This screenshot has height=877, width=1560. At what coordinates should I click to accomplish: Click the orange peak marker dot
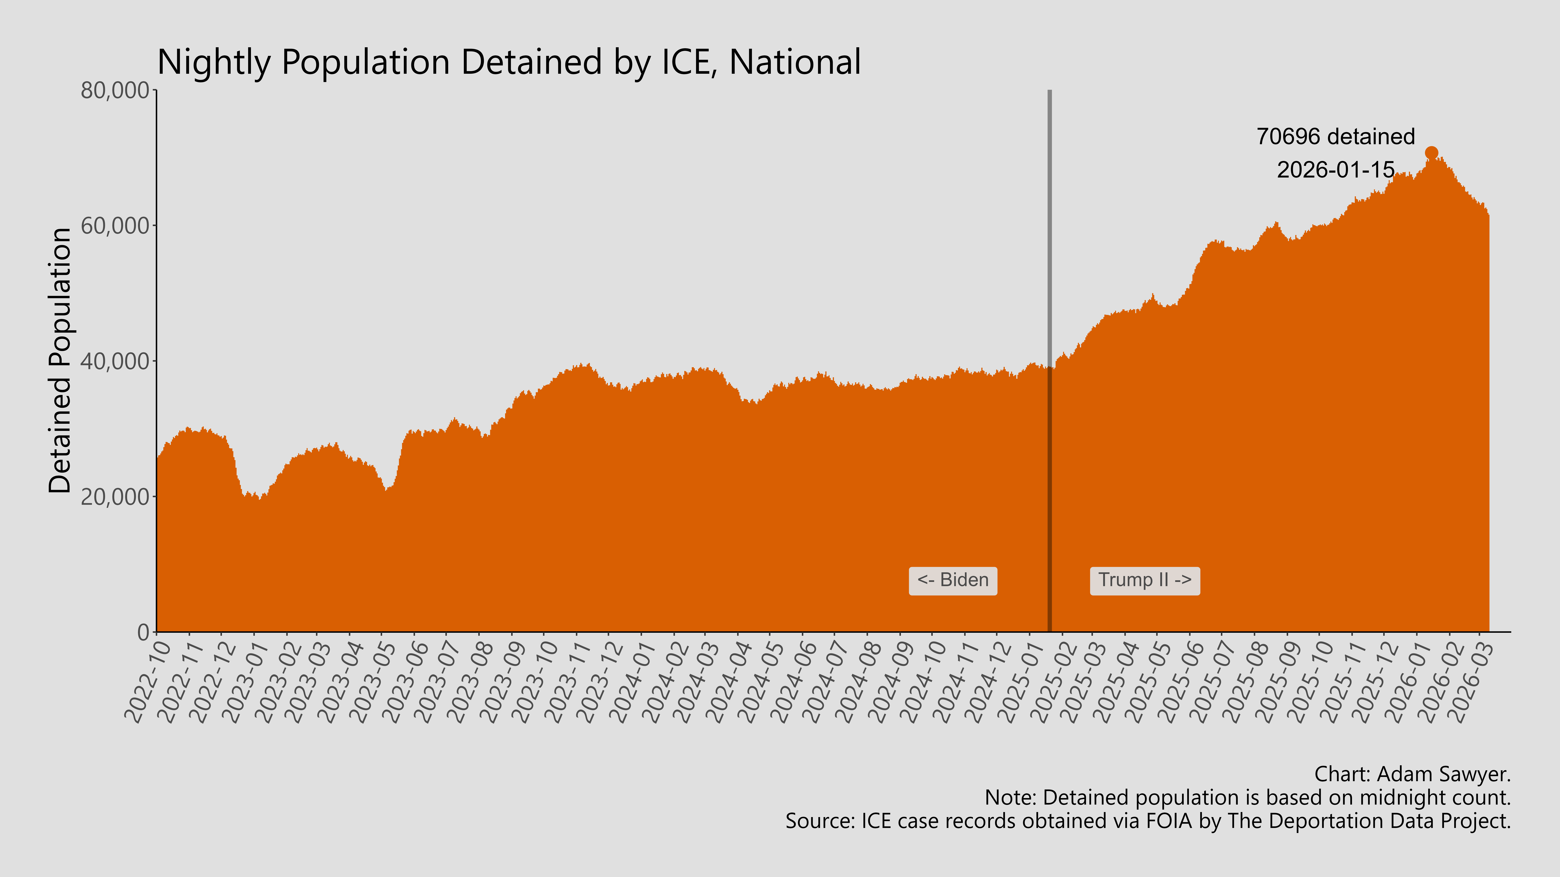coord(1431,153)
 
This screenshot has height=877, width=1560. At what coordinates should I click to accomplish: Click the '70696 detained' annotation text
coord(1335,137)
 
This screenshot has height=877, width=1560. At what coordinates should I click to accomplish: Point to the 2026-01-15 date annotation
coord(1335,169)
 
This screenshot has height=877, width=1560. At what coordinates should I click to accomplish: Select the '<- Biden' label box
coord(953,580)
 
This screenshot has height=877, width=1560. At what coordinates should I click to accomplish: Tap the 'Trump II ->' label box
coord(1144,580)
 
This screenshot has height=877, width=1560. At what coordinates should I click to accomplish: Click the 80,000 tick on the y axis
coord(115,91)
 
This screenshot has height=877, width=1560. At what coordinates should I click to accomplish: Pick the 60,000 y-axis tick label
coord(115,226)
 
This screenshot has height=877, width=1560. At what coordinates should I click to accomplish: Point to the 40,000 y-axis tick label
coord(115,361)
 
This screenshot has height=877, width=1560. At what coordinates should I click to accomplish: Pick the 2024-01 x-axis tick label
coord(627,684)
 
